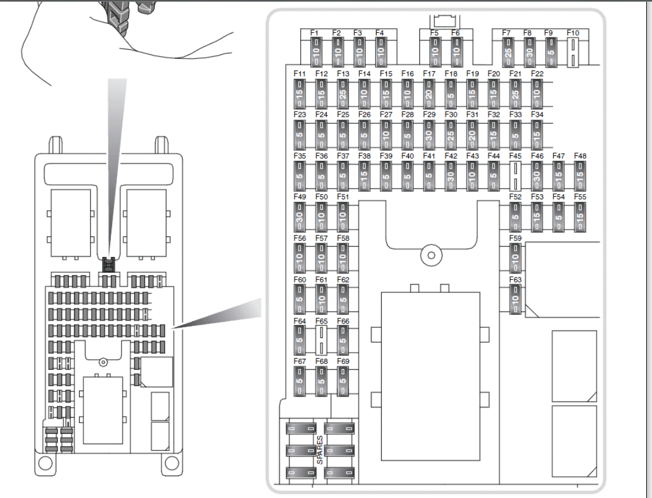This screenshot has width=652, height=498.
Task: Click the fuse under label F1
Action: click(x=315, y=55)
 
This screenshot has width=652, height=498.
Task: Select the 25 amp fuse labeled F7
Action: click(x=508, y=55)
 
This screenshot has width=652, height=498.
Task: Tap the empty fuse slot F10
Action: click(x=572, y=54)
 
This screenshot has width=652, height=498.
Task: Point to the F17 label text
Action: click(x=429, y=74)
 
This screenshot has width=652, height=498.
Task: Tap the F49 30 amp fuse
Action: click(x=300, y=217)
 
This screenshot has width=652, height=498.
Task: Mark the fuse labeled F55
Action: click(x=580, y=217)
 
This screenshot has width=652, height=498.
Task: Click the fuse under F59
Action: click(x=515, y=258)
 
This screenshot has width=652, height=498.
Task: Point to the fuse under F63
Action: click(x=515, y=298)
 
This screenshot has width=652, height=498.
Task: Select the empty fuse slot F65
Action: click(x=321, y=340)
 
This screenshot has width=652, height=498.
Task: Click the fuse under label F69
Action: click(x=342, y=381)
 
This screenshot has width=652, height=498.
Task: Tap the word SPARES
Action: click(x=319, y=451)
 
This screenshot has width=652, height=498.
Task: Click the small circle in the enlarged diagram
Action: click(x=429, y=255)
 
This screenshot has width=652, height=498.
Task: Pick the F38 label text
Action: click(x=364, y=156)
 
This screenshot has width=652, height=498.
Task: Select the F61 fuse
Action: click(x=321, y=298)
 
